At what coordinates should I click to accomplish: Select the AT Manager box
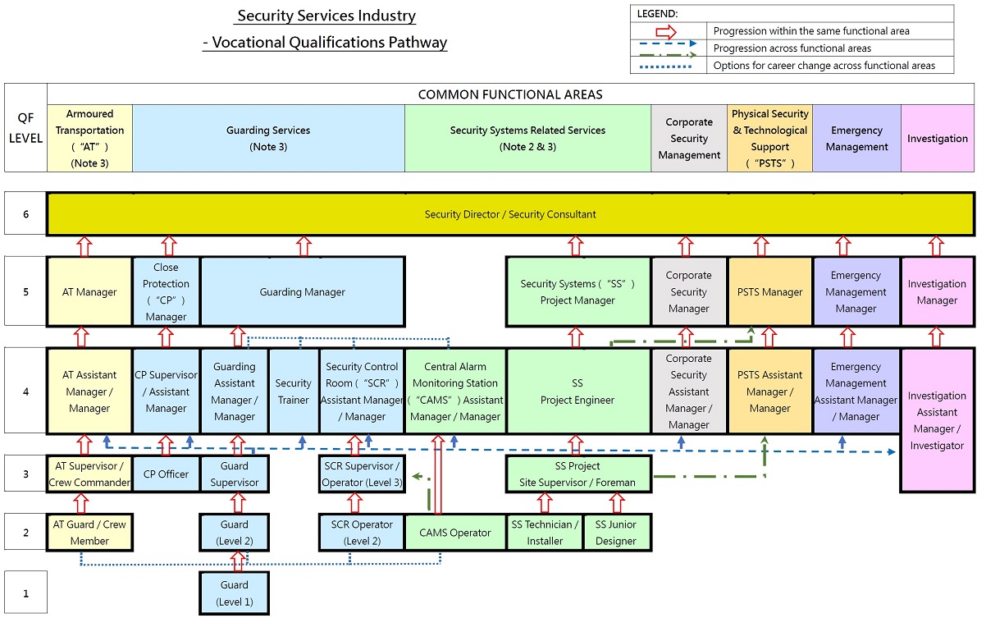pyautogui.click(x=89, y=292)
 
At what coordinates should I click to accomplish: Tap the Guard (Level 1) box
pyautogui.click(x=235, y=593)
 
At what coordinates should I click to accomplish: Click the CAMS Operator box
pyautogui.click(x=455, y=532)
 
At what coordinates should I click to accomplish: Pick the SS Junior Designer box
pyautogui.click(x=616, y=532)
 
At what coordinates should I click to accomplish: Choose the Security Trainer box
pyautogui.click(x=293, y=391)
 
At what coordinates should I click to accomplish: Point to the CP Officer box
pyautogui.click(x=166, y=474)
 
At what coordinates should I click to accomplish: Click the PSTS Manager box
pyautogui.click(x=770, y=292)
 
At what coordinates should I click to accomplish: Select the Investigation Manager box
pyautogui.click(x=937, y=292)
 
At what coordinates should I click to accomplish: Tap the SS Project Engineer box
pyautogui.click(x=577, y=391)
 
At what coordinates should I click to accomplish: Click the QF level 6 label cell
pyautogui.click(x=25, y=214)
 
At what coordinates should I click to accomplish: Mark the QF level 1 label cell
pyautogui.click(x=25, y=593)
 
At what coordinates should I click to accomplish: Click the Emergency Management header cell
pyautogui.click(x=856, y=139)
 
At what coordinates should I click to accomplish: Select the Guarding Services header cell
pyautogui.click(x=268, y=139)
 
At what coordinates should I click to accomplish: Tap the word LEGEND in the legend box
pyautogui.click(x=657, y=13)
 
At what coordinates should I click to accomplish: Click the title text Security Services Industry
pyautogui.click(x=326, y=16)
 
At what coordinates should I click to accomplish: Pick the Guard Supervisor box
pyautogui.click(x=235, y=474)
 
